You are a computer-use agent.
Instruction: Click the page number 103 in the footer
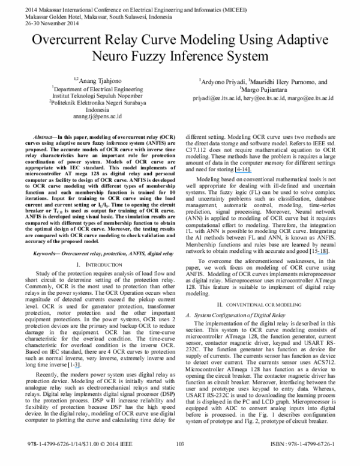179,461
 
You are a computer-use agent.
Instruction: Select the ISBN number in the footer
305,461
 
